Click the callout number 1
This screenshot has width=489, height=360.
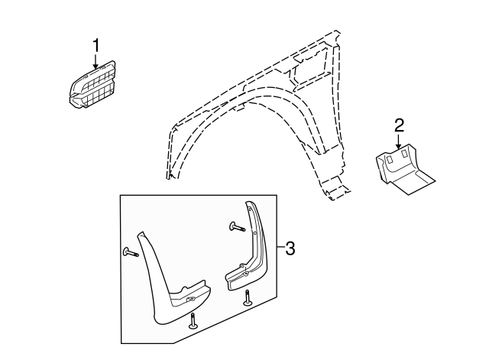pyautogui.click(x=96, y=46)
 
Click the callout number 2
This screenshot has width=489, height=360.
pyautogui.click(x=399, y=125)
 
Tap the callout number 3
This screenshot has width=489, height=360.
pyautogui.click(x=290, y=248)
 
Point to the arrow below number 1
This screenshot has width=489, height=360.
pyautogui.click(x=96, y=61)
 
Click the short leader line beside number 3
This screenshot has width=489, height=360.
pyautogui.click(x=280, y=247)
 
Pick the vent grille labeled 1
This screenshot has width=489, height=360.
pyautogui.click(x=92, y=85)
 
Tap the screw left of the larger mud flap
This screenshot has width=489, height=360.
pyautogui.click(x=131, y=252)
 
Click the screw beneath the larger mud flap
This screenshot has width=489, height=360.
pyautogui.click(x=193, y=321)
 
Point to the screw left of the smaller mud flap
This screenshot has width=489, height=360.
pyautogui.click(x=237, y=226)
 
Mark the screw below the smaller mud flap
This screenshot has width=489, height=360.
pyautogui.click(x=248, y=297)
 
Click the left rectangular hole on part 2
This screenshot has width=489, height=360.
pyautogui.click(x=390, y=159)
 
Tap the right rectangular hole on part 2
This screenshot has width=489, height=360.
pyautogui.click(x=404, y=154)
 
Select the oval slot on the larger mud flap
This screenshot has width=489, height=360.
pyautogui.click(x=190, y=300)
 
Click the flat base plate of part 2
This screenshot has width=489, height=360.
pyautogui.click(x=412, y=182)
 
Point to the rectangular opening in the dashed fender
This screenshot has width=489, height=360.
pyautogui.click(x=312, y=70)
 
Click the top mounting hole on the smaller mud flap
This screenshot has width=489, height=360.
pyautogui.click(x=250, y=209)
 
